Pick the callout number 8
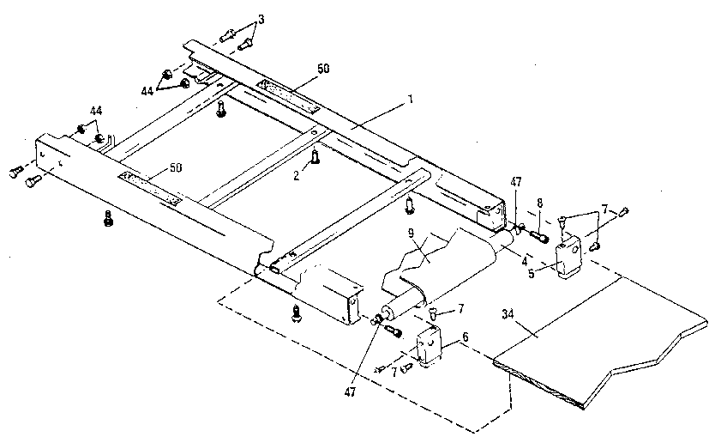click(538, 204)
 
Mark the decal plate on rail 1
click(289, 94)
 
